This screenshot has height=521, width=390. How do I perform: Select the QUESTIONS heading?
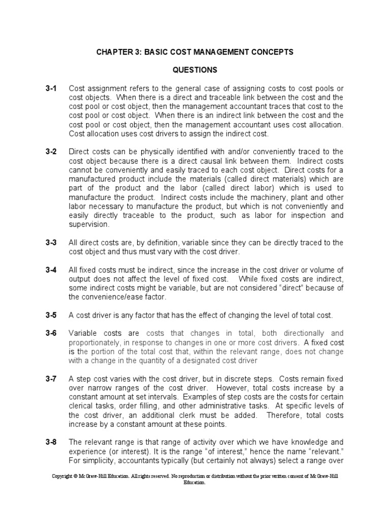coord(194,70)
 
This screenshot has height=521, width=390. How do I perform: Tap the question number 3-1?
coord(51,88)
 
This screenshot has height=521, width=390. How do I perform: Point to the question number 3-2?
coord(51,152)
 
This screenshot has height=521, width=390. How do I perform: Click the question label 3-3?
coord(51,243)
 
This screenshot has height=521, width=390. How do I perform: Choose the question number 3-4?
coord(51,270)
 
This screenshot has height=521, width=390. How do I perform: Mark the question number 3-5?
coord(51,315)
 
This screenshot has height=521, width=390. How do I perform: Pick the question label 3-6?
coord(51,333)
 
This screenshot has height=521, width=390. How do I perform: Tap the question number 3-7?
coord(51,379)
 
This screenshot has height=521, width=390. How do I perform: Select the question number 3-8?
coord(51,442)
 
